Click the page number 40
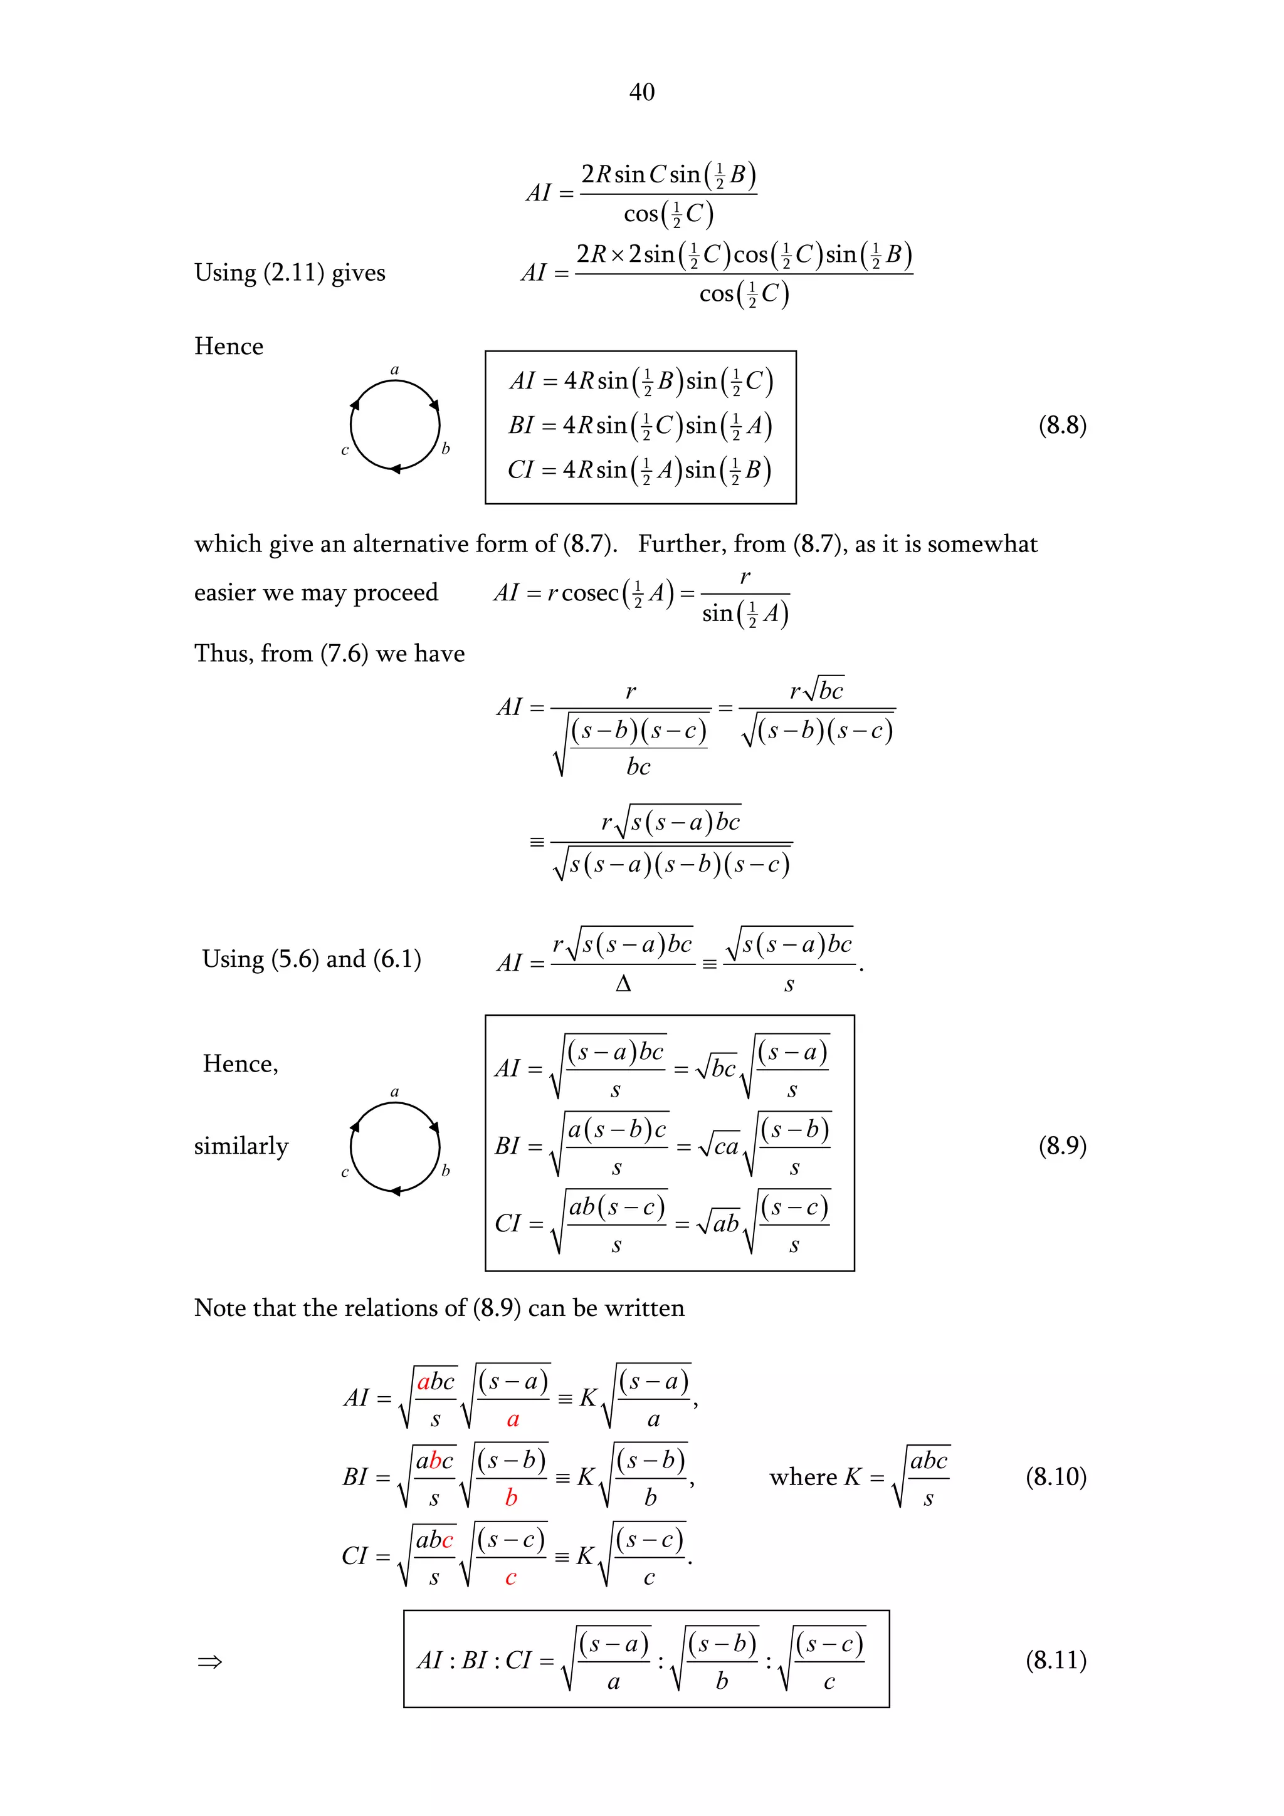641,93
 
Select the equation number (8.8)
1061,425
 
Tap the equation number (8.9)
1061,1145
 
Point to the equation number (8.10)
1055,1477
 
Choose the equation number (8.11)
1055,1659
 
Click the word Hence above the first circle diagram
229,347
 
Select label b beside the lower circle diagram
445,1171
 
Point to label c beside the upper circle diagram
344,451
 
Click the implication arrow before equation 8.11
209,1662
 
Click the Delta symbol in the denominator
623,984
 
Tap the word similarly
241,1146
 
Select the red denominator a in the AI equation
513,1420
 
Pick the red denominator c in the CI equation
511,1578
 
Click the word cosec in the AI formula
589,593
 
